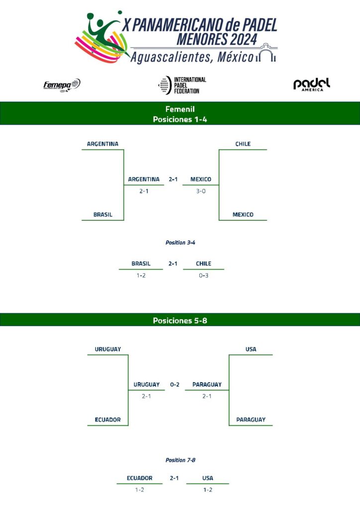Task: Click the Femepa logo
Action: pyautogui.click(x=62, y=85)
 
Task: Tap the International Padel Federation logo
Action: pyautogui.click(x=181, y=85)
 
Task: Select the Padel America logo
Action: pyautogui.click(x=312, y=85)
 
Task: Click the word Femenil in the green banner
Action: pyautogui.click(x=180, y=109)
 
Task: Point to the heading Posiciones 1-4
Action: pyautogui.click(x=180, y=119)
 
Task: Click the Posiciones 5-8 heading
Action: pyautogui.click(x=180, y=321)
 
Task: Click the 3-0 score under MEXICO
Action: pyautogui.click(x=200, y=191)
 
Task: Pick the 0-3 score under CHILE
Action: pyautogui.click(x=203, y=275)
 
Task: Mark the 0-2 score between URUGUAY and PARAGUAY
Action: pyautogui.click(x=175, y=384)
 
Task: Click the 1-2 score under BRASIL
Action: pyautogui.click(x=141, y=275)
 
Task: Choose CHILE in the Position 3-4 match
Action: pyautogui.click(x=203, y=264)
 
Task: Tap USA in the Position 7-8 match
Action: pyautogui.click(x=208, y=478)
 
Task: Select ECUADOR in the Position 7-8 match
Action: pyautogui.click(x=139, y=478)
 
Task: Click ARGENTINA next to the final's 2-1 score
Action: pyautogui.click(x=144, y=179)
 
